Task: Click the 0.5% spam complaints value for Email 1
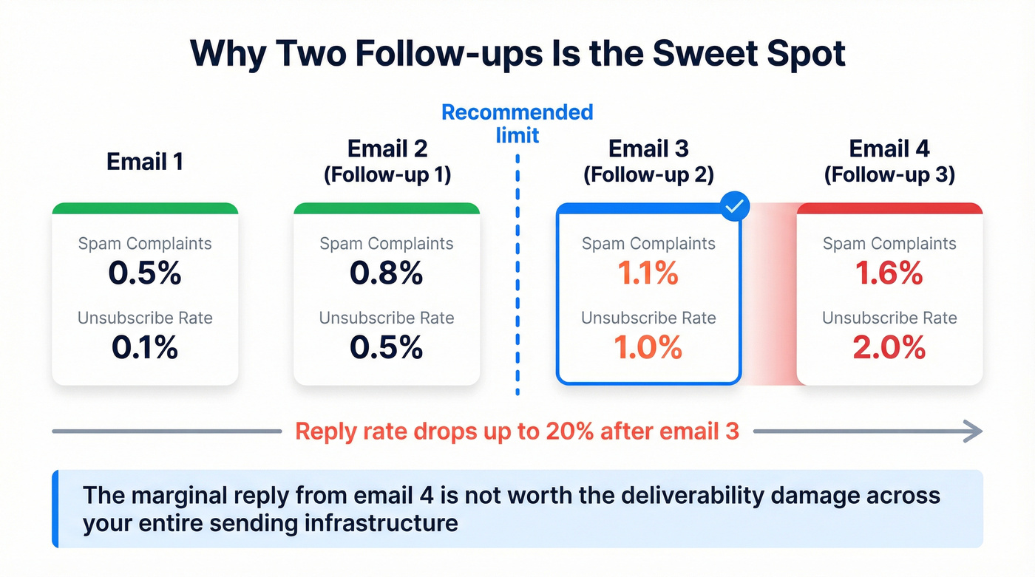(145, 274)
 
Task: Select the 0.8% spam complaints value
(386, 274)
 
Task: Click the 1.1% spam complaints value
(648, 274)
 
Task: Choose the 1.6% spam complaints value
(889, 274)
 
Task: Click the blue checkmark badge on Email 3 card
(734, 208)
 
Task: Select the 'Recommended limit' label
(517, 123)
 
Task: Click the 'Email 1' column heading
(145, 161)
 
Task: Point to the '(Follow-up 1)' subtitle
(387, 176)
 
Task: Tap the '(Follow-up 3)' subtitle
(889, 176)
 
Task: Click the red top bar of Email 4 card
(889, 208)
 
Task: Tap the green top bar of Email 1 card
(145, 208)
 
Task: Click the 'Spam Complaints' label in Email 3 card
(648, 244)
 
